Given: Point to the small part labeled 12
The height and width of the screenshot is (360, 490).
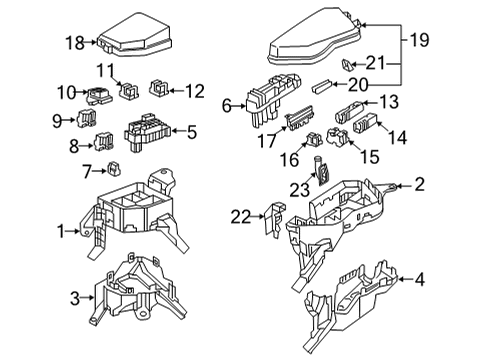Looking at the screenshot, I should [x=160, y=91].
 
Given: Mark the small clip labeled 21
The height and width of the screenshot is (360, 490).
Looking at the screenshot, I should [x=347, y=63].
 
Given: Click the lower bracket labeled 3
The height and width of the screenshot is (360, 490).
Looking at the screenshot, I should [x=135, y=290].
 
